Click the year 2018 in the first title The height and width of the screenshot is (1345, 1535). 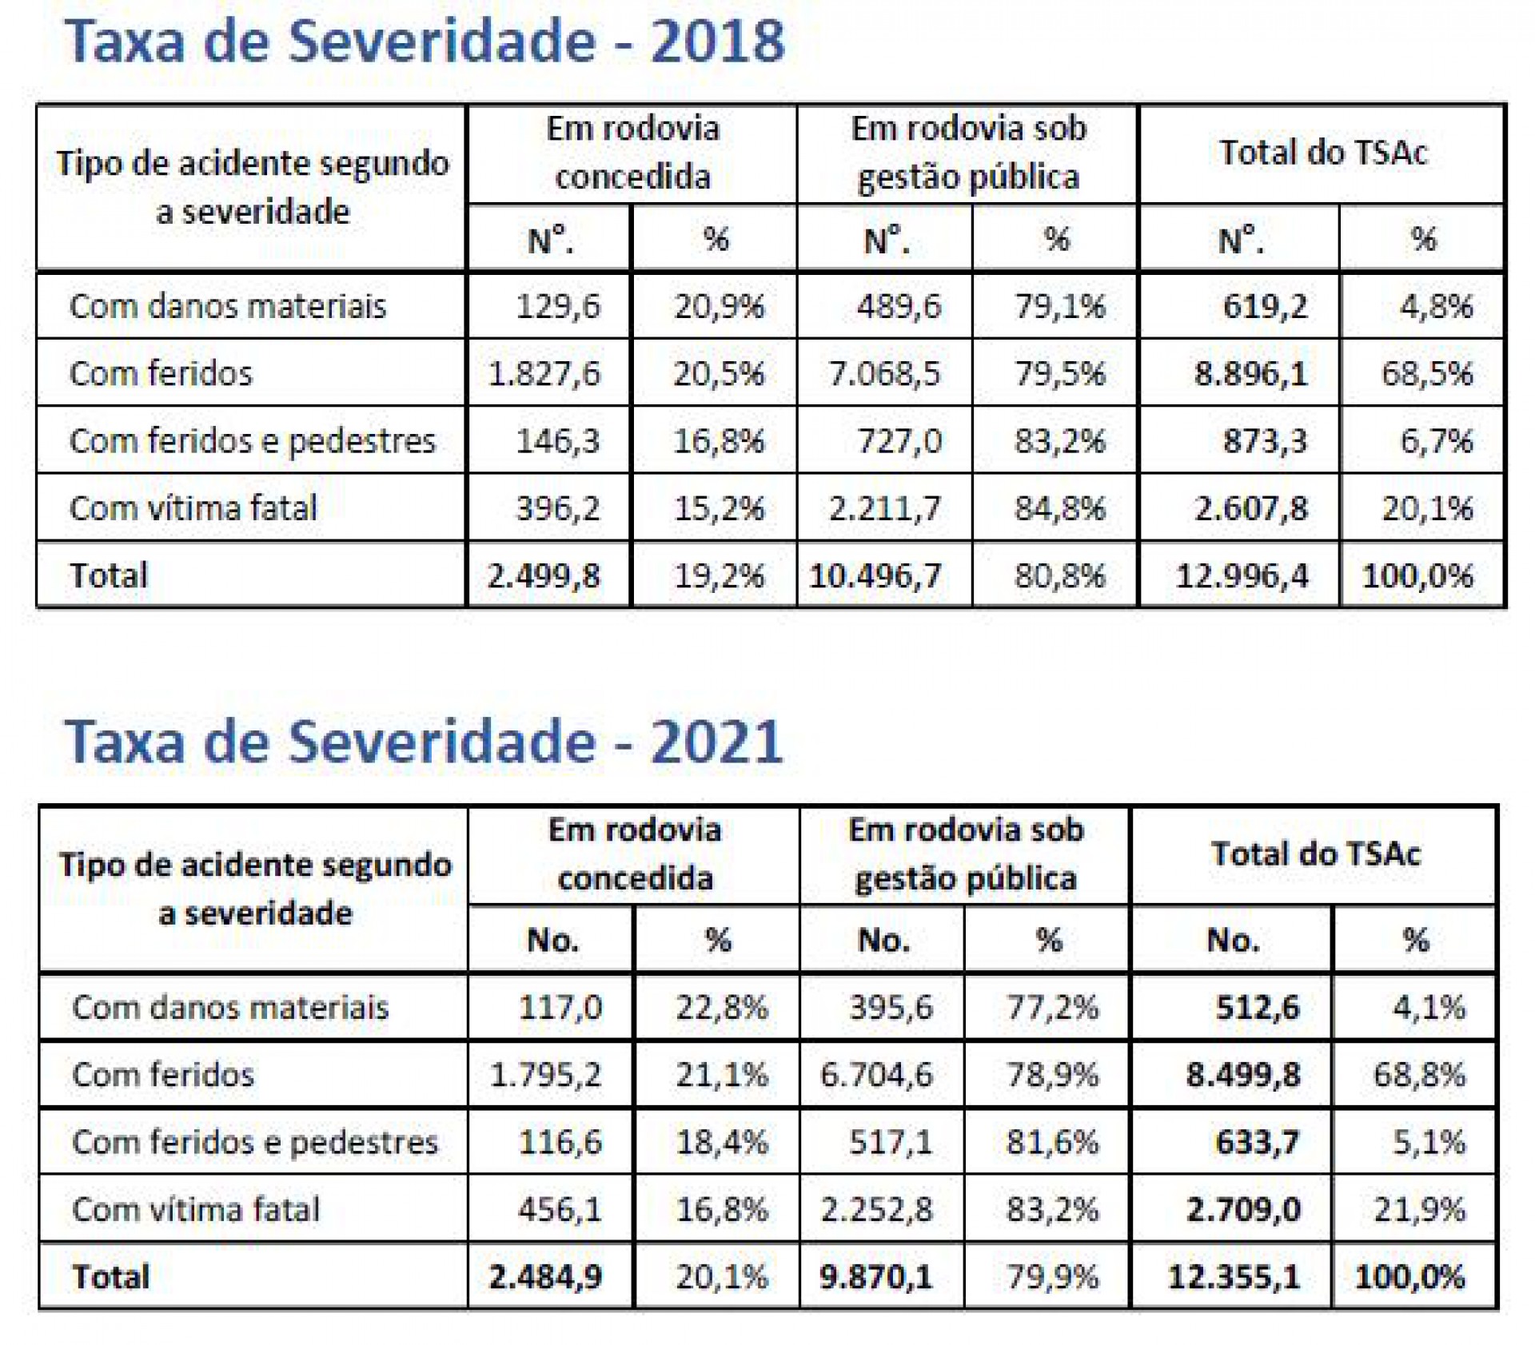(717, 42)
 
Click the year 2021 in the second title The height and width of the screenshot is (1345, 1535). (717, 742)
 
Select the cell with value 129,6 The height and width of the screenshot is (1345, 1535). (557, 306)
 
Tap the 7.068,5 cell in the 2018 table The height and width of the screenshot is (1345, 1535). (884, 373)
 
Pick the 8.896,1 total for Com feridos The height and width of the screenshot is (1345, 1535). (1250, 373)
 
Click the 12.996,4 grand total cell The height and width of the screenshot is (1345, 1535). (1242, 575)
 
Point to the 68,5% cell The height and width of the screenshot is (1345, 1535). (1427, 373)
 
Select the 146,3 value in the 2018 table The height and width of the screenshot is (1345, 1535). (557, 440)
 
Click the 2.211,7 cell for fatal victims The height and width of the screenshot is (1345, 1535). (884, 508)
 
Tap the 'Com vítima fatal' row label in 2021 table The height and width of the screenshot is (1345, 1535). (196, 1209)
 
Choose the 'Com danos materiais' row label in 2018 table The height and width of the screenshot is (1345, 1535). (228, 306)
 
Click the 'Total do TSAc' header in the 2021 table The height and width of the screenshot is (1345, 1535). (1315, 854)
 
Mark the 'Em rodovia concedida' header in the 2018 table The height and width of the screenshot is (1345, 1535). (632, 153)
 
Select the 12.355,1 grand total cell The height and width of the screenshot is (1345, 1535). (1234, 1277)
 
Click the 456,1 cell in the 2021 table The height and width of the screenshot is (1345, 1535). (560, 1209)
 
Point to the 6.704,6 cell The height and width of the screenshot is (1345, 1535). (876, 1075)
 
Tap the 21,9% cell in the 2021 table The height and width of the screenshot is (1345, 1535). (1420, 1210)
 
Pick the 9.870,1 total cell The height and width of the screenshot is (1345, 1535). (876, 1277)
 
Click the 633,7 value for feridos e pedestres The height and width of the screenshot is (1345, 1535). (1258, 1142)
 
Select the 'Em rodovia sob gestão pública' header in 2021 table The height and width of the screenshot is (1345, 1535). (966, 854)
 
